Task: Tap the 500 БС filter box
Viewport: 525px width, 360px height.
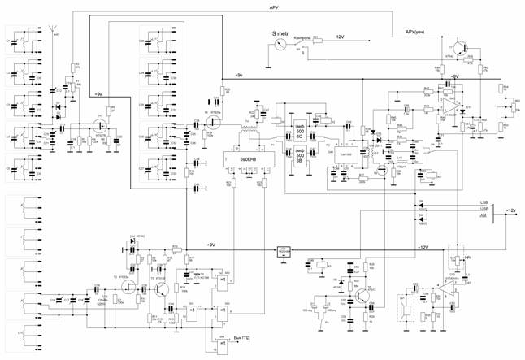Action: tap(300, 127)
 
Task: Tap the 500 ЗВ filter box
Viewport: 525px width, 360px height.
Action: tap(300, 154)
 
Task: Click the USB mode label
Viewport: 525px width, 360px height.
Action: tap(485, 208)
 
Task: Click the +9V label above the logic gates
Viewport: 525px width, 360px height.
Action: tap(210, 244)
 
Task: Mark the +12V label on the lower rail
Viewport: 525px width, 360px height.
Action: tap(422, 245)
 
